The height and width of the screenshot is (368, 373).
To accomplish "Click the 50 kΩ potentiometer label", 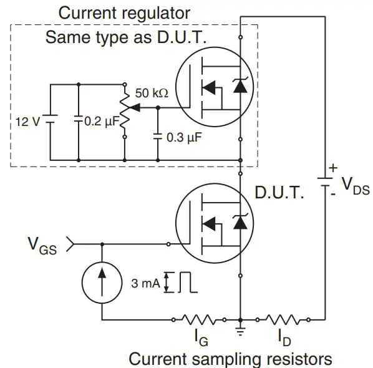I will pyautogui.click(x=152, y=93).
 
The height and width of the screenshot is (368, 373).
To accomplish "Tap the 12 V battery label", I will pyautogui.click(x=27, y=121).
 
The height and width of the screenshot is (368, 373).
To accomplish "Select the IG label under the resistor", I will pyautogui.click(x=199, y=340).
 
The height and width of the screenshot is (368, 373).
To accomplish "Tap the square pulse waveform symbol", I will pyautogui.click(x=187, y=283).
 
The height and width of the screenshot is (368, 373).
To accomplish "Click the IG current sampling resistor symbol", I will pyautogui.click(x=199, y=321).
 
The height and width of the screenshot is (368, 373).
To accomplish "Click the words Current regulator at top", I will pyautogui.click(x=124, y=12).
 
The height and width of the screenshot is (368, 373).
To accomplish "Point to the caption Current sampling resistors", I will pyautogui.click(x=230, y=359).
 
